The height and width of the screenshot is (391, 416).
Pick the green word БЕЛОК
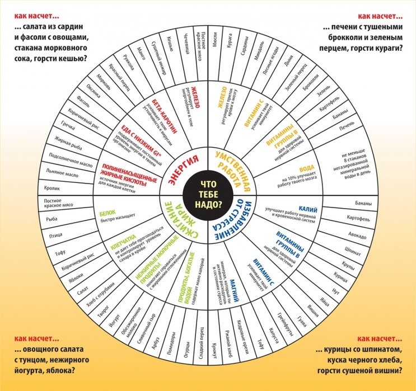[x=107, y=214]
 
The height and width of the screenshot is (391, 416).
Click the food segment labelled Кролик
[x=54, y=188]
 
